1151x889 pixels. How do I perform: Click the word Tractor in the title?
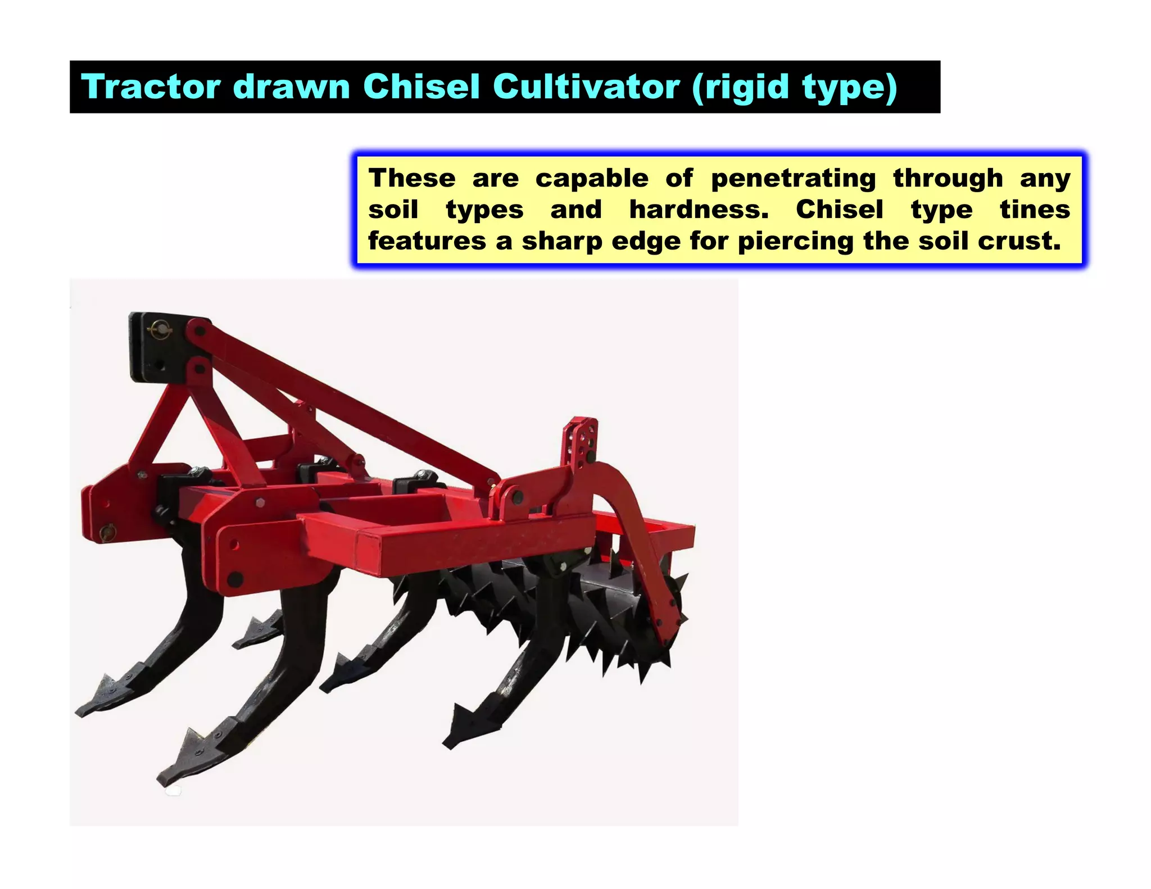[151, 87]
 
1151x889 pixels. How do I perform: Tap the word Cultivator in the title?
[587, 87]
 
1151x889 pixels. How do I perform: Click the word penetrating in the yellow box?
[793, 179]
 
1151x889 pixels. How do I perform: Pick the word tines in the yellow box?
[1035, 210]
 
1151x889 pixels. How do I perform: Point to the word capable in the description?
[591, 179]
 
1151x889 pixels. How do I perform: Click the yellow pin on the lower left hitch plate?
[106, 530]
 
